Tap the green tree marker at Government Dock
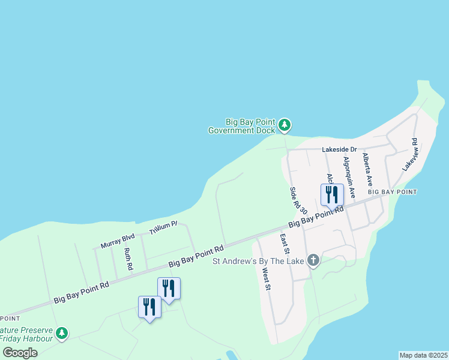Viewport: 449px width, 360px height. pyautogui.click(x=285, y=125)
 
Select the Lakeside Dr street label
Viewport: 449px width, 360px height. pyautogui.click(x=339, y=149)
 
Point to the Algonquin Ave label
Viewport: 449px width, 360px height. pyautogui.click(x=349, y=178)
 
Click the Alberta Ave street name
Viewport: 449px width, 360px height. pyautogui.click(x=367, y=170)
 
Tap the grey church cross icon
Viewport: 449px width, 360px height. pyautogui.click(x=312, y=260)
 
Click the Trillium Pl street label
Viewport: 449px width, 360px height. pyautogui.click(x=164, y=227)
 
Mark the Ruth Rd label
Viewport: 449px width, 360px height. pyautogui.click(x=128, y=259)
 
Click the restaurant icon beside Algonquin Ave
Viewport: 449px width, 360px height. pyautogui.click(x=332, y=194)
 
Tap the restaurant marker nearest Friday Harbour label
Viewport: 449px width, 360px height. pyautogui.click(x=149, y=307)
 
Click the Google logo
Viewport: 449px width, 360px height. pyautogui.click(x=20, y=353)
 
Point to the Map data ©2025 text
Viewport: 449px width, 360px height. pyautogui.click(x=423, y=355)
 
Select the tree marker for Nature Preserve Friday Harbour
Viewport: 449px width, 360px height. pyautogui.click(x=61, y=333)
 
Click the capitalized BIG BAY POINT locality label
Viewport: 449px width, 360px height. pyautogui.click(x=392, y=192)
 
